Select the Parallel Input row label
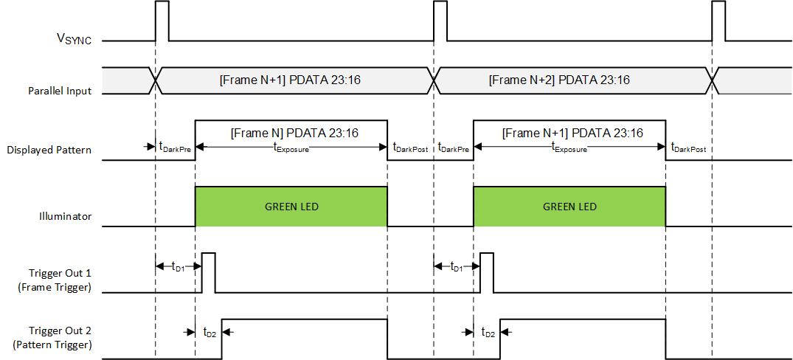tap(60, 91)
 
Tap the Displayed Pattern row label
tap(49, 150)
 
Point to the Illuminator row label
tap(65, 217)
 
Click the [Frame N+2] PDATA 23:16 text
tap(559, 80)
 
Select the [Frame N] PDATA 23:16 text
tap(294, 134)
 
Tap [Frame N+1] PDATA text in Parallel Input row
tap(289, 80)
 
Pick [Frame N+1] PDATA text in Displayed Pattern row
tap(572, 134)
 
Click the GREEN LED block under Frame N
tap(291, 207)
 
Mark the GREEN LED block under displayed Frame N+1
tap(569, 207)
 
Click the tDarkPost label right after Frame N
tap(410, 148)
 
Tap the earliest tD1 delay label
tap(178, 266)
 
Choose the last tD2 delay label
tap(488, 333)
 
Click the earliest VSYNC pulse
tap(162, 20)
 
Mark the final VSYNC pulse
tap(718, 20)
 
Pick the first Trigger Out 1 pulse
tap(208, 272)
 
